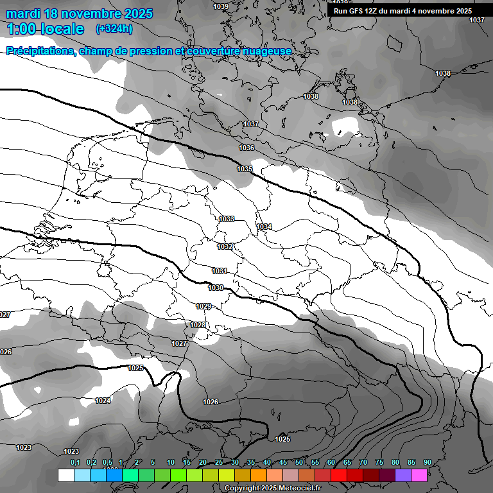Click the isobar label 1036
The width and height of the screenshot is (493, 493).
click(246, 148)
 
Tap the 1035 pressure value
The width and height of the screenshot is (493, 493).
click(245, 169)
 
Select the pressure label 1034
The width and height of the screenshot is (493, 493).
click(264, 227)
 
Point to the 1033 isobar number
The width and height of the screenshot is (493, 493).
click(227, 219)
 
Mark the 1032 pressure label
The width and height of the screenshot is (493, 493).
click(225, 246)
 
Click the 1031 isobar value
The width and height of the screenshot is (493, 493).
click(220, 271)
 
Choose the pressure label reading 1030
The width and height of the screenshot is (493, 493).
click(216, 288)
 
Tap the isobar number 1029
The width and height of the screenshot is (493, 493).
click(203, 306)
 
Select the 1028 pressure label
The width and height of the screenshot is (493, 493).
click(198, 325)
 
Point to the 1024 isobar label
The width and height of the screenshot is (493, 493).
click(103, 401)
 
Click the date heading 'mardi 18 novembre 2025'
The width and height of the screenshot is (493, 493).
click(80, 13)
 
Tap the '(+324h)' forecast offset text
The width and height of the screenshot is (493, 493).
click(114, 29)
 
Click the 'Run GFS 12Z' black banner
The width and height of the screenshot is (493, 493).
click(402, 11)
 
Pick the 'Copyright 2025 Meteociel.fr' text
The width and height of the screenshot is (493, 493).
click(273, 489)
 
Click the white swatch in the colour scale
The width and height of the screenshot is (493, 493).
click(65, 476)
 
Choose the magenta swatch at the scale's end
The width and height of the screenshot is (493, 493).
click(419, 476)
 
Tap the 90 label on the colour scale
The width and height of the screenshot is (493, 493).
click(427, 462)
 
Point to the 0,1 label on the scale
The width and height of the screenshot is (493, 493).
click(75, 462)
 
